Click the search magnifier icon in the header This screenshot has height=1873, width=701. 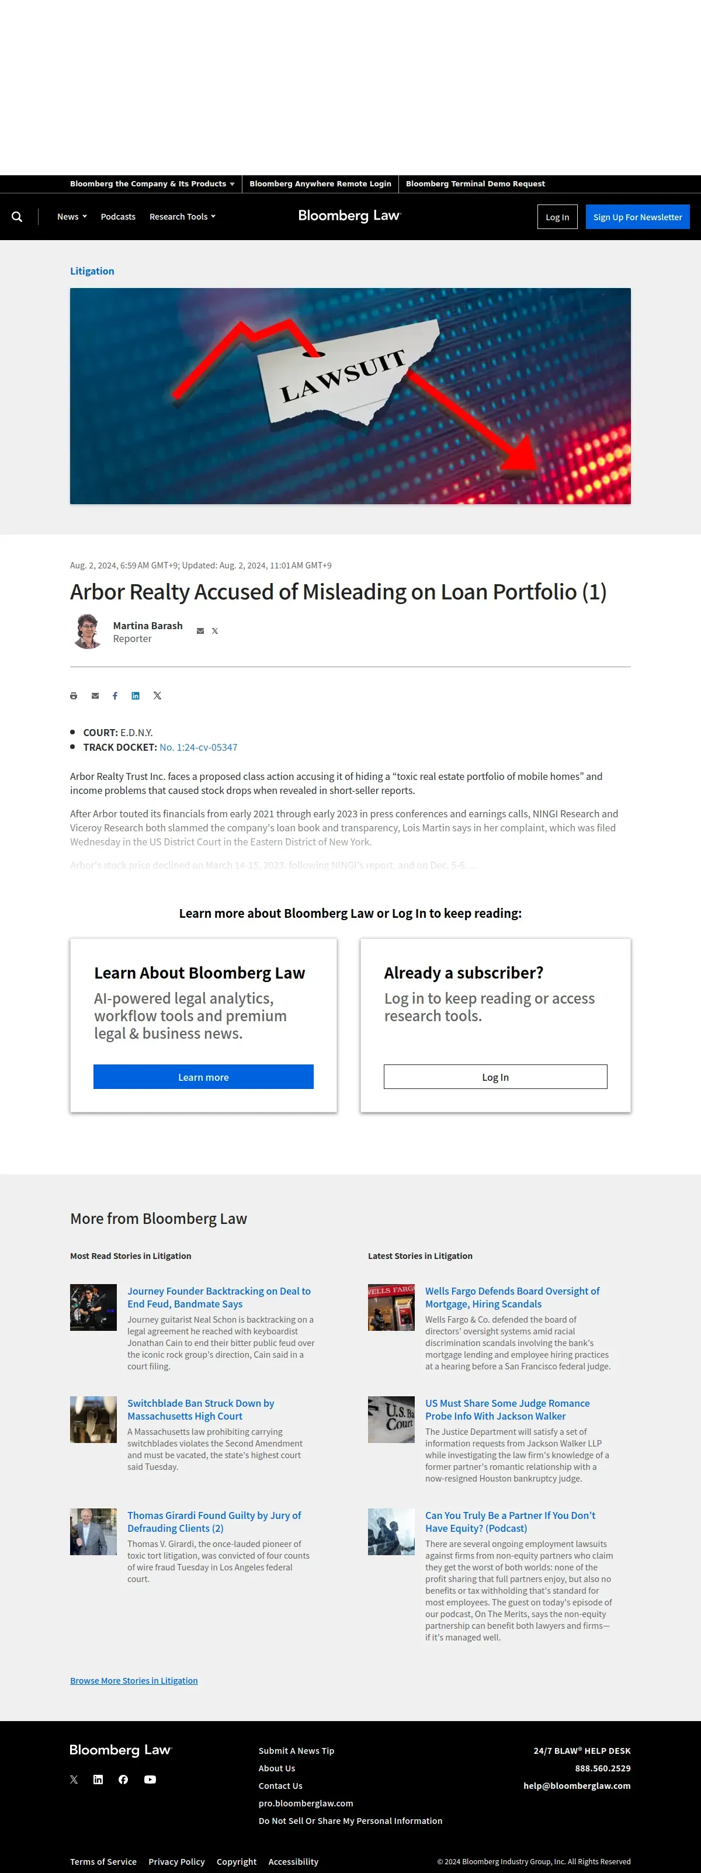(17, 217)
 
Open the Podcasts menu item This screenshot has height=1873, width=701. (118, 217)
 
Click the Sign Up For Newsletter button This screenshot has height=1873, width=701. (637, 217)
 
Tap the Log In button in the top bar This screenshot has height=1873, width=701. (557, 217)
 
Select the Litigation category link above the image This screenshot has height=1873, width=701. (92, 271)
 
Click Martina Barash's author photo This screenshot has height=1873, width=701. (88, 631)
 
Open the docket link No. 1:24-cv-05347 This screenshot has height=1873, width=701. (198, 747)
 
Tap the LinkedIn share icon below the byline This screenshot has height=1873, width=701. (136, 696)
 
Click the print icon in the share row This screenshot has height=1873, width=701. (74, 696)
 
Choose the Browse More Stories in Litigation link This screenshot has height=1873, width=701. (134, 1680)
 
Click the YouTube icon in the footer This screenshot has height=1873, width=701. (150, 1779)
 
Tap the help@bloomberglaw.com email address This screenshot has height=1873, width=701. (577, 1786)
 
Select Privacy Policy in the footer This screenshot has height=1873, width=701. (176, 1861)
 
